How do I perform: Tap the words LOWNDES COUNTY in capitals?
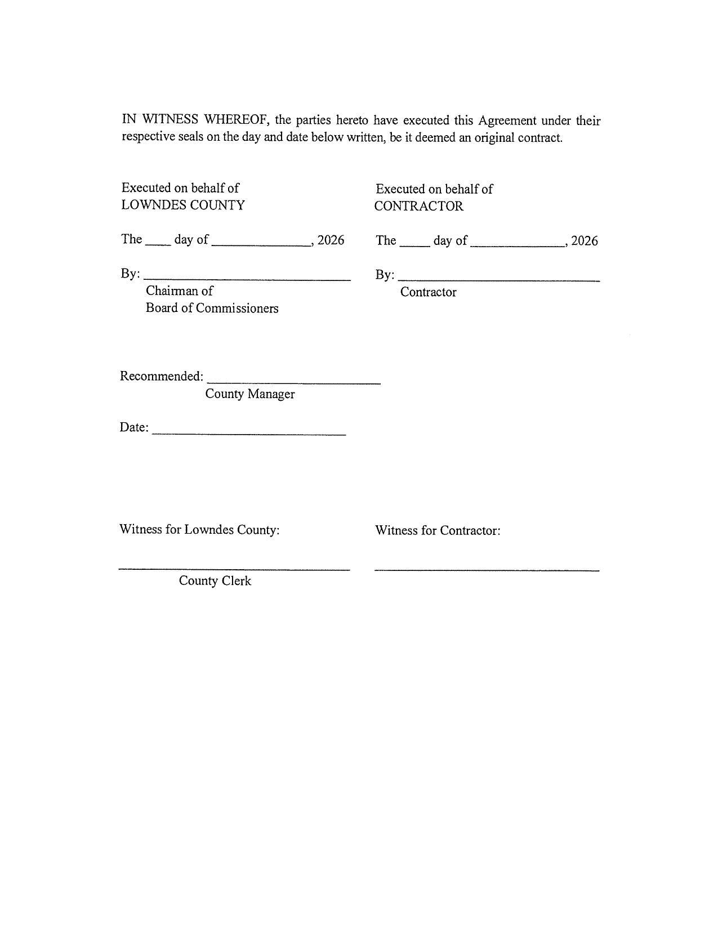[x=183, y=205]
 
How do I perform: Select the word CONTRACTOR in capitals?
[x=418, y=206]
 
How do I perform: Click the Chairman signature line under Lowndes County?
[x=247, y=279]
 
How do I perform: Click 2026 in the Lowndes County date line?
[x=331, y=240]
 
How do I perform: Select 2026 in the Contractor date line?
[x=585, y=242]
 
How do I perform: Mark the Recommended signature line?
[x=293, y=382]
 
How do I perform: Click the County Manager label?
[x=249, y=394]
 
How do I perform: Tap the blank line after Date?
[x=249, y=434]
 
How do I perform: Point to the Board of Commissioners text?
[x=212, y=309]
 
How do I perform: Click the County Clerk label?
[x=215, y=581]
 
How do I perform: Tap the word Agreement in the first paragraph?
[x=507, y=120]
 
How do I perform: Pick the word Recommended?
[x=161, y=376]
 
